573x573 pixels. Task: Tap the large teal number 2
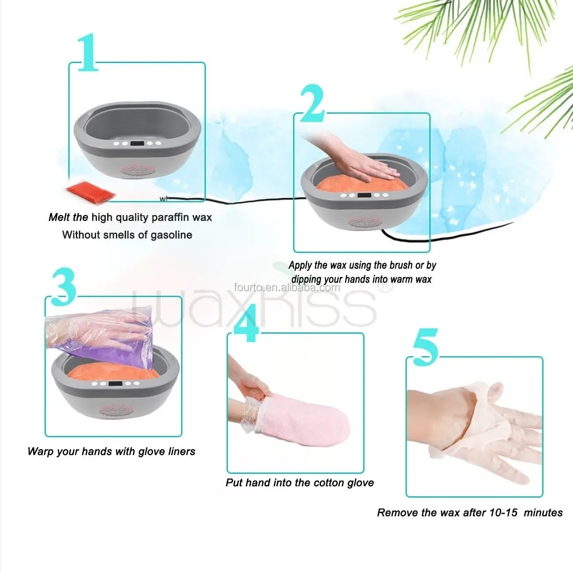[312, 104]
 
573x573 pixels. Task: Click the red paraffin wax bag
[90, 192]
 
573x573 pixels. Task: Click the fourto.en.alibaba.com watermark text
[287, 288]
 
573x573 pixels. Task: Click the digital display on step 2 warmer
[364, 195]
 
